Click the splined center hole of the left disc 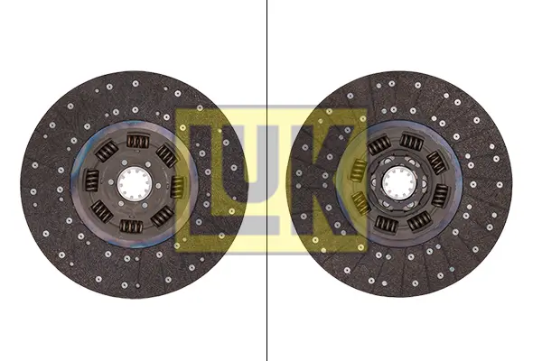pos(134,183)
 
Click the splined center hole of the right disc pos(399,183)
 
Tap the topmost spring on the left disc pos(137,142)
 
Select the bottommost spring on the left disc pos(131,226)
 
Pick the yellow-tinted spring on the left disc pos(178,187)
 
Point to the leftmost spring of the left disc pos(92,180)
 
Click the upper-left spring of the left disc pos(107,151)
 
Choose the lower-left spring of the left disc pos(101,211)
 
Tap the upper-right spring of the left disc pos(167,154)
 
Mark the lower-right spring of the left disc pos(162,216)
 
